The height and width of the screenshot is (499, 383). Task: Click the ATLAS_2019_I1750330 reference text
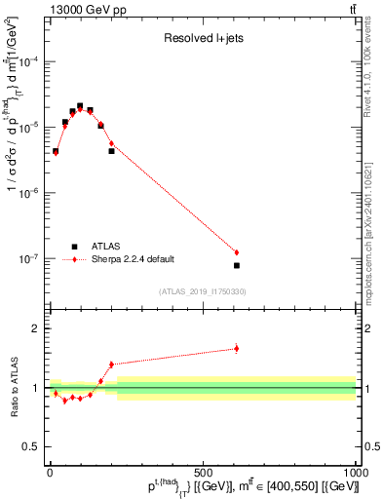[202, 291]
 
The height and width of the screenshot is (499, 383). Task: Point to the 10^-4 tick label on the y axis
[30, 61]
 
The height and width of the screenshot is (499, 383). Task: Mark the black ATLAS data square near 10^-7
[236, 265]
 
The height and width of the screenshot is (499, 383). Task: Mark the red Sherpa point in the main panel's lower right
[236, 252]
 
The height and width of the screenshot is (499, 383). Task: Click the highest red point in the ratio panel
[236, 348]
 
